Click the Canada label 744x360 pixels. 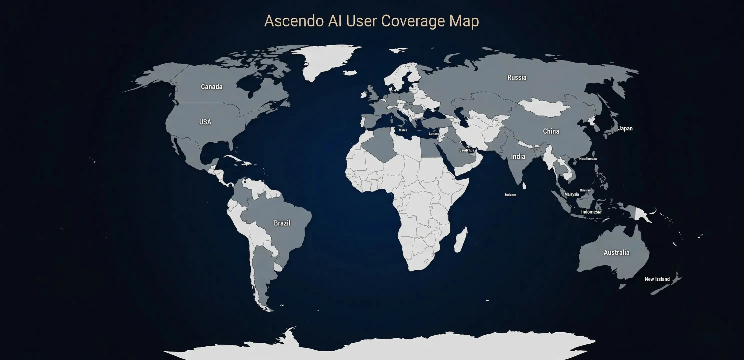pyautogui.click(x=211, y=87)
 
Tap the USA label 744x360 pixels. pyautogui.click(x=205, y=122)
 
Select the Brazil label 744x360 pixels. pyautogui.click(x=282, y=223)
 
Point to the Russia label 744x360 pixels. pyautogui.click(x=517, y=77)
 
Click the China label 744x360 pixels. pyautogui.click(x=551, y=131)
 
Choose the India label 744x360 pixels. pyautogui.click(x=518, y=156)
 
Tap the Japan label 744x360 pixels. pyautogui.click(x=625, y=128)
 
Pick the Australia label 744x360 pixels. pyautogui.click(x=616, y=252)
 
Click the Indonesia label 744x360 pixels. pyautogui.click(x=591, y=212)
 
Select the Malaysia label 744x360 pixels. pyautogui.click(x=571, y=194)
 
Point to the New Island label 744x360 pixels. pyautogui.click(x=657, y=279)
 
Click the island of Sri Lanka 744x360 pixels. pyautogui.click(x=524, y=185)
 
